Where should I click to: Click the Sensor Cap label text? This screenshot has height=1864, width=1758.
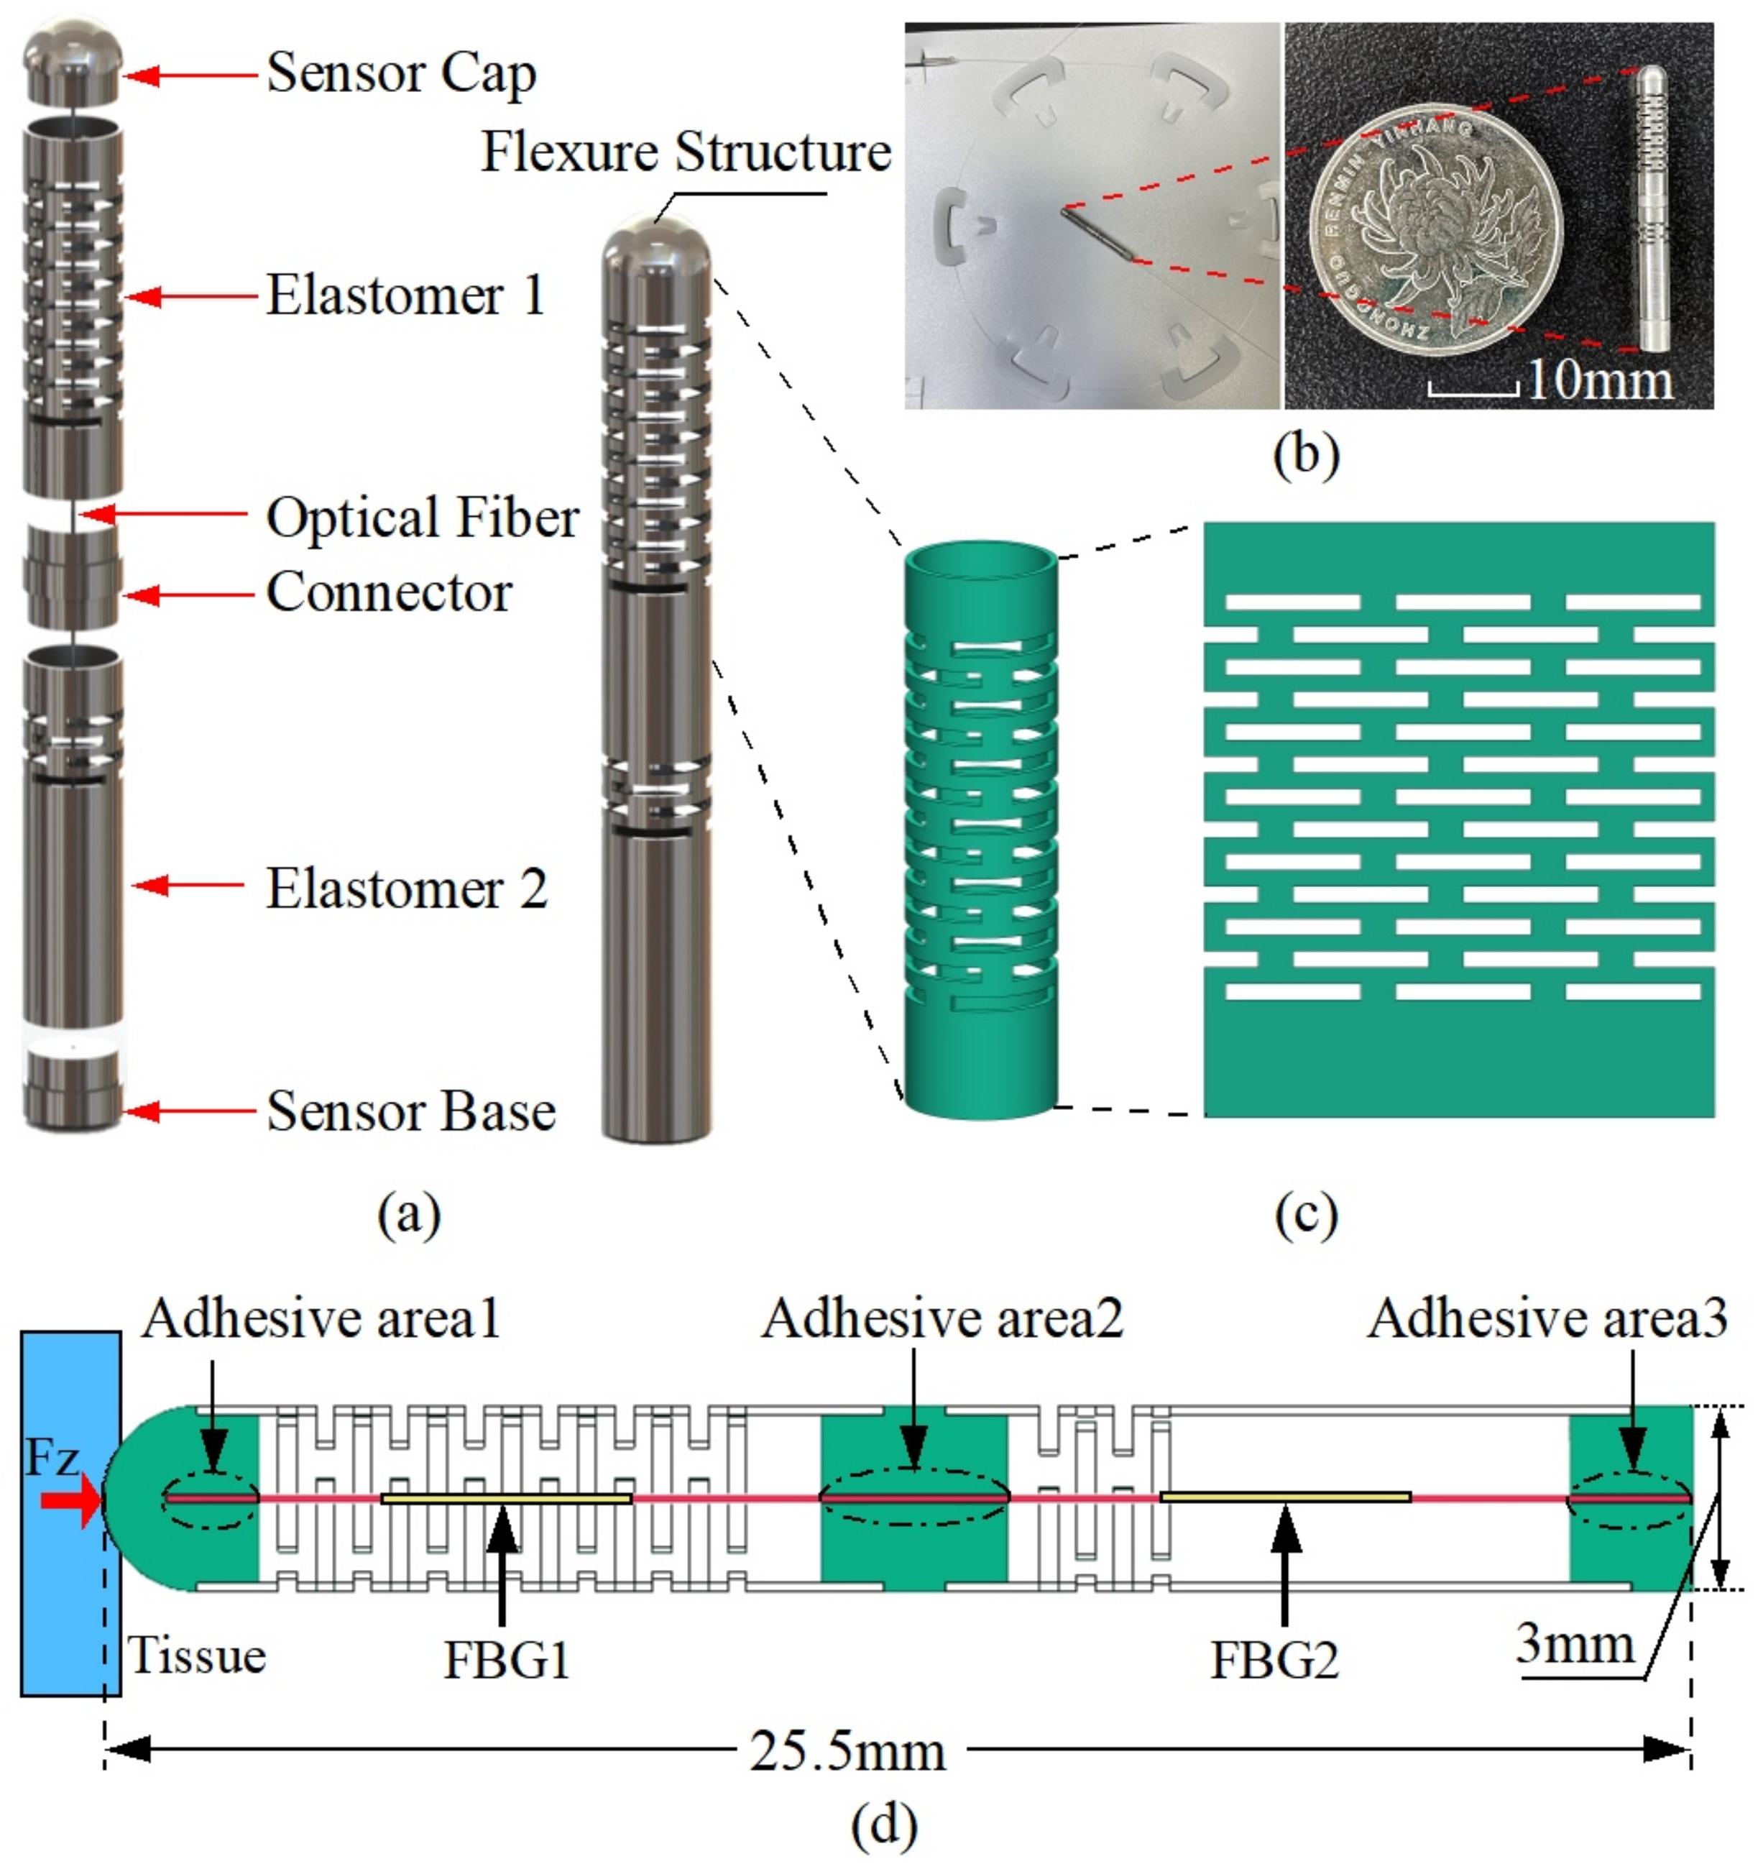pyautogui.click(x=400, y=74)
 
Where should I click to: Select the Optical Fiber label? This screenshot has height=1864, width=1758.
pyautogui.click(x=422, y=518)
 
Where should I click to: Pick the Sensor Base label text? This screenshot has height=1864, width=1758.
pyautogui.click(x=410, y=1112)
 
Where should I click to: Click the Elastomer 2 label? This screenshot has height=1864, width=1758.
pyautogui.click(x=406, y=889)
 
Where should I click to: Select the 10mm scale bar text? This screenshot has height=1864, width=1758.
pyautogui.click(x=1598, y=382)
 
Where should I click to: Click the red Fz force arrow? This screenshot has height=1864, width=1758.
pyautogui.click(x=70, y=1501)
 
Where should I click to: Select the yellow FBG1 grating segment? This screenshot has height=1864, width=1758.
pyautogui.click(x=506, y=1498)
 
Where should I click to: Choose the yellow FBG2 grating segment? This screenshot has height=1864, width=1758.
pyautogui.click(x=1284, y=1497)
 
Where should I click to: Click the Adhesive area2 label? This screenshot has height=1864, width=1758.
pyautogui.click(x=942, y=1319)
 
